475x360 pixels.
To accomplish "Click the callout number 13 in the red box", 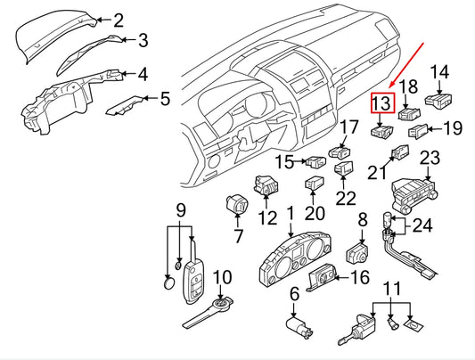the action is (382, 103).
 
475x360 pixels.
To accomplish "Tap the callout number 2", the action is (119, 20).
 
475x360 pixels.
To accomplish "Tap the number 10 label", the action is (223, 277).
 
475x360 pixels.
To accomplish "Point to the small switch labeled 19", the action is (418, 131).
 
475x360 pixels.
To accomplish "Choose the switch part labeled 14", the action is (438, 101).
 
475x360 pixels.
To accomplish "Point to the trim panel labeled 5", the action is (124, 106).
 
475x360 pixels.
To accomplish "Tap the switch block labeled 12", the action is (266, 184).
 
